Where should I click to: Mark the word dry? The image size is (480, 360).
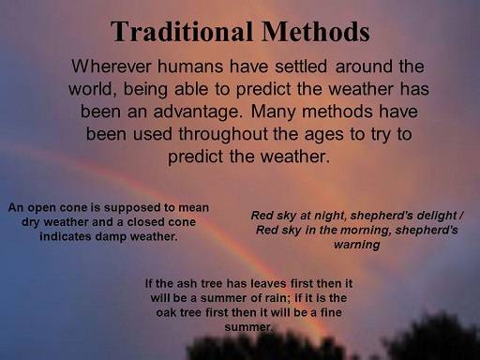30,221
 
